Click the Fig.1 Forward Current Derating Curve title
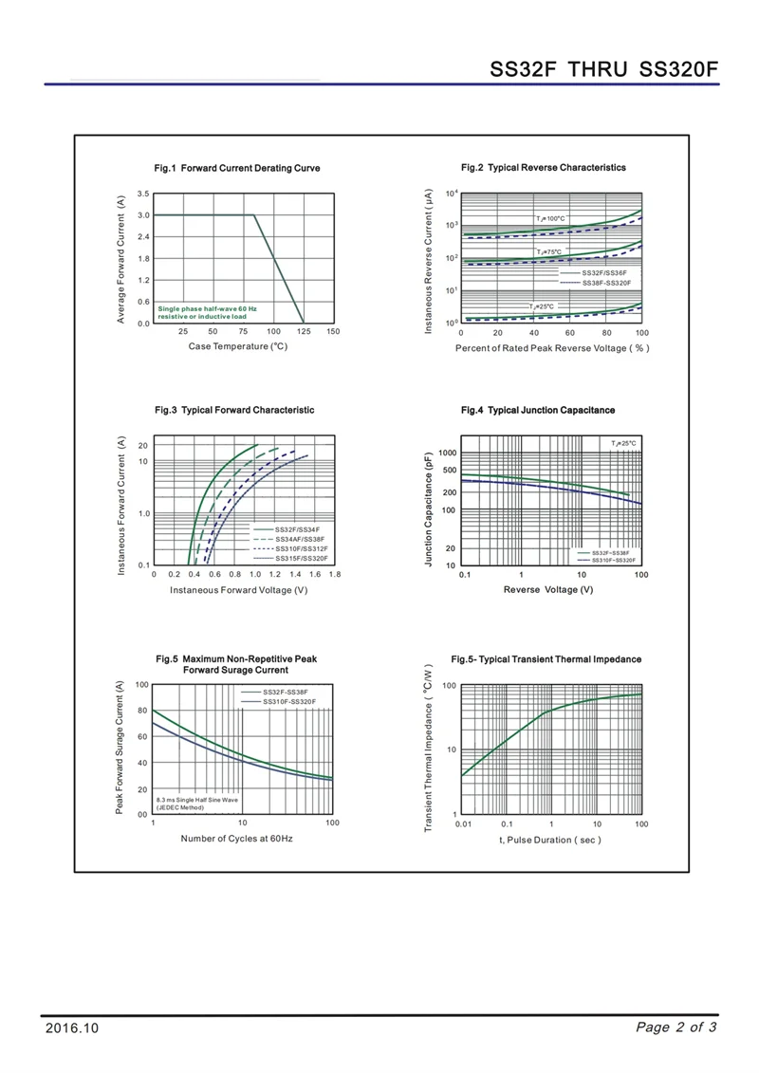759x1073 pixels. click(237, 168)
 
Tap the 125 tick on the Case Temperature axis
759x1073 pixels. click(304, 331)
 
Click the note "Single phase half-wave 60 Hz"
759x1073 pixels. click(207, 308)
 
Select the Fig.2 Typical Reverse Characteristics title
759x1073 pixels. click(544, 167)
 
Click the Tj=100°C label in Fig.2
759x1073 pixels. click(550, 219)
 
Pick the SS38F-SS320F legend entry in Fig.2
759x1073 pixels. click(606, 283)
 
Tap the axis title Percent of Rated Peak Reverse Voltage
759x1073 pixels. click(552, 348)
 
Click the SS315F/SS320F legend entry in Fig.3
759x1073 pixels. click(300, 558)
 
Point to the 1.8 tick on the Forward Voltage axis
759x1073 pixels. click(334, 575)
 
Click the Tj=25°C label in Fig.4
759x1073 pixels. click(624, 443)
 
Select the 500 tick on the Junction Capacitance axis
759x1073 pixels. click(449, 471)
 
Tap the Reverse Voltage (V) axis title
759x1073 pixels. click(548, 590)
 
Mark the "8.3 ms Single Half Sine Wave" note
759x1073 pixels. click(197, 800)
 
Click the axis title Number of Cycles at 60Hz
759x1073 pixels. click(237, 839)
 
